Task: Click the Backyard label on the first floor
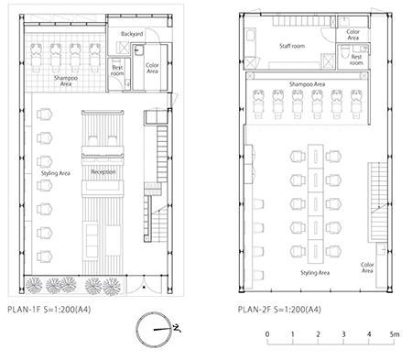[x=132, y=34]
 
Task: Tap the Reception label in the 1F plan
[x=103, y=172]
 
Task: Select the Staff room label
[x=292, y=46]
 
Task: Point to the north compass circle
[x=154, y=330]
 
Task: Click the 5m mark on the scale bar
[x=395, y=334]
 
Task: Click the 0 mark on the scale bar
[x=267, y=334]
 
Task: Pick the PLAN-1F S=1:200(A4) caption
[x=49, y=310]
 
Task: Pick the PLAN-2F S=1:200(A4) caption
[x=279, y=310]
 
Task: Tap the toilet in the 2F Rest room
[x=344, y=51]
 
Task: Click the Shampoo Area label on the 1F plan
[x=66, y=81]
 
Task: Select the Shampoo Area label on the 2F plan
[x=307, y=84]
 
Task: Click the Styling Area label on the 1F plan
[x=56, y=173]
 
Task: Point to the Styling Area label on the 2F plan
[x=315, y=273]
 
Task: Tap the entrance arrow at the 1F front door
[x=144, y=287]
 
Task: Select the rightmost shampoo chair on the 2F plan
[x=356, y=104]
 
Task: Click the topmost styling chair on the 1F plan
[x=45, y=115]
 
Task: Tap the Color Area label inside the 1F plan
[x=152, y=68]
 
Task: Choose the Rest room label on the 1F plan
[x=117, y=71]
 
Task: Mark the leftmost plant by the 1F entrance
[x=34, y=285]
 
